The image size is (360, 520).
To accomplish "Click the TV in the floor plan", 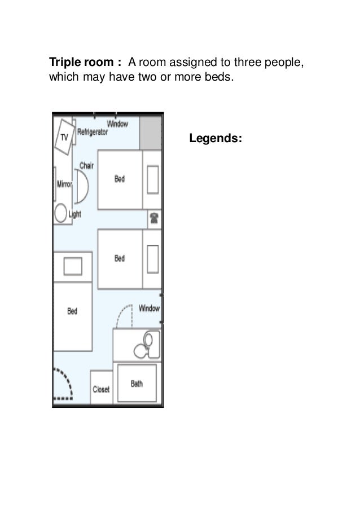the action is pos(64,137).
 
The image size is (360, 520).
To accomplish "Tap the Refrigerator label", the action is pos(92,132).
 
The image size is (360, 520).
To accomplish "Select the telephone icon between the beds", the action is pos(154,218).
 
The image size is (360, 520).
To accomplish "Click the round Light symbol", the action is pos(61,213).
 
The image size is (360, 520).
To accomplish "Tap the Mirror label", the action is pos(64,184).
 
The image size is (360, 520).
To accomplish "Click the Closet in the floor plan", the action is pos(101,387).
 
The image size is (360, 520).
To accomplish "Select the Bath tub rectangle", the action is pos(137,383).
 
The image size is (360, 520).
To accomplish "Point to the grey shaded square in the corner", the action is pos(150,133).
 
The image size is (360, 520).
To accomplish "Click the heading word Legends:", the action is pos(216,138).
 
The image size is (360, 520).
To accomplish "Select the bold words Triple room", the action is pos(81,62).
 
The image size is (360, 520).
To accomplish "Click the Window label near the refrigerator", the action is pos(117,124).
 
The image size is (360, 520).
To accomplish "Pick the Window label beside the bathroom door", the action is pos(149,309).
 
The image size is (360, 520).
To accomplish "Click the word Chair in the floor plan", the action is pos(86,165).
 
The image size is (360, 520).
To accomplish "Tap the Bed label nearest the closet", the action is pos(72,311).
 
